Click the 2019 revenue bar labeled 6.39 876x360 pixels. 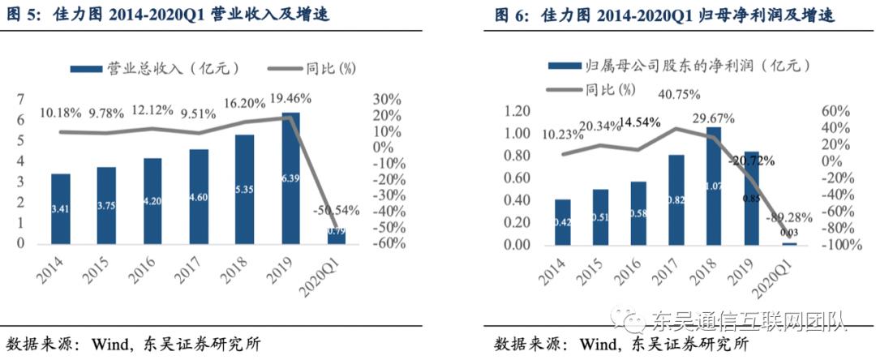tap(290, 178)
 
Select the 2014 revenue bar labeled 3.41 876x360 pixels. tap(60, 209)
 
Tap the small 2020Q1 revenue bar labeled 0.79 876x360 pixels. tap(336, 235)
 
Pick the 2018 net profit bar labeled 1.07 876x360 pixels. tap(713, 186)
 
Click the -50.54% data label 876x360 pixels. tap(334, 210)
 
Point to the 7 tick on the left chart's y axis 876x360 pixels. tap(19, 100)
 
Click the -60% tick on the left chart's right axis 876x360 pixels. tap(385, 243)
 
